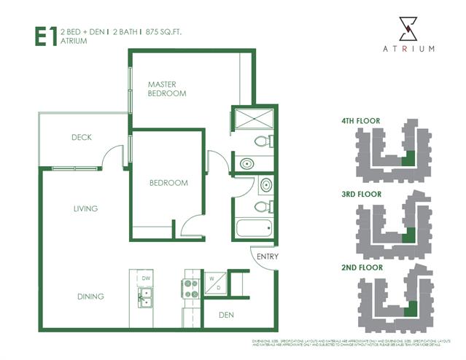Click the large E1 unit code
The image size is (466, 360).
point(46,37)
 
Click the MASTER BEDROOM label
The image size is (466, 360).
point(166,89)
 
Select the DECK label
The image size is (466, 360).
point(81,137)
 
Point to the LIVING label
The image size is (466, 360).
point(85,208)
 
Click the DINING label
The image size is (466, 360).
point(90,297)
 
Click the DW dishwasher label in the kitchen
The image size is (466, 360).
point(146,278)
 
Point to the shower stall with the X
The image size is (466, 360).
point(252,120)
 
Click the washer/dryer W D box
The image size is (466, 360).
point(216,283)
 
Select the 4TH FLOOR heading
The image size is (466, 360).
point(361,120)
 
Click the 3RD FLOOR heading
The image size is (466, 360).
point(361,195)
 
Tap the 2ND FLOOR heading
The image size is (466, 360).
point(362,267)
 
